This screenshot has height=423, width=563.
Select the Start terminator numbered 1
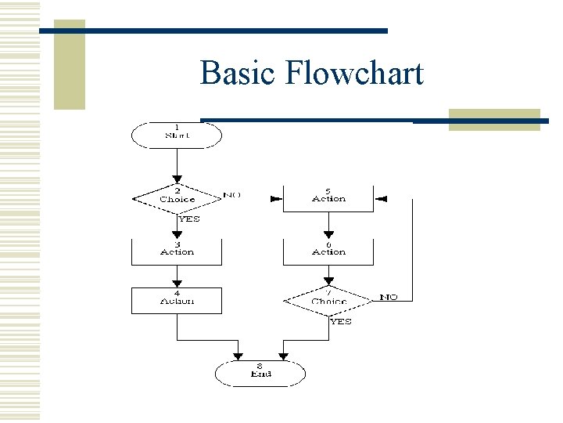coord(177,134)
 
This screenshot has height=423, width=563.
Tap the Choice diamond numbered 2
coord(177,197)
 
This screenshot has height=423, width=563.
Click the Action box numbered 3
coord(177,251)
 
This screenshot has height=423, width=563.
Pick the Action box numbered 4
coord(177,301)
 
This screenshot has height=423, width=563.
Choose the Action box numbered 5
coord(328,197)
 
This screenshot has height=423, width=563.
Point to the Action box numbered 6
coord(328,251)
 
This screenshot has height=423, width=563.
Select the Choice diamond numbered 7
coord(328,301)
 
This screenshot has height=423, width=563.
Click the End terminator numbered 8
coord(260,373)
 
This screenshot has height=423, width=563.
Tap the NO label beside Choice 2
coord(231,194)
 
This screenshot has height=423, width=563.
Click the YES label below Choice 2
coord(188,219)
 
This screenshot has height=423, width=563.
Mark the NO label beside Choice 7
coord(389,297)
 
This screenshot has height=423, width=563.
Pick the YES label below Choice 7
coord(341,321)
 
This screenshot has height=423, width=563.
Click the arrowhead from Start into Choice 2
coord(177,179)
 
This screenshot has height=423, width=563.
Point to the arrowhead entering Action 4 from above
coord(177,284)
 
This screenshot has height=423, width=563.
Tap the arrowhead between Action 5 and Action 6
coord(328,235)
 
